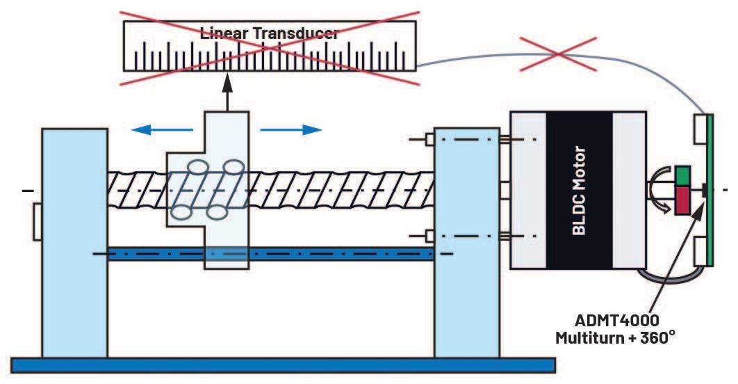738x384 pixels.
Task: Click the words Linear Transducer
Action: pyautogui.click(x=269, y=33)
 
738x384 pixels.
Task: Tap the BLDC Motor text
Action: pyautogui.click(x=579, y=190)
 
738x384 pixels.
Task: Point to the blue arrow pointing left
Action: pyautogui.click(x=161, y=129)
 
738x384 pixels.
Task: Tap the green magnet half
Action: pyautogui.click(x=683, y=175)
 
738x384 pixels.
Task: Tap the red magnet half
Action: pyautogui.click(x=683, y=198)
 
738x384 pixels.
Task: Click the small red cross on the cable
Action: pyautogui.click(x=565, y=53)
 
